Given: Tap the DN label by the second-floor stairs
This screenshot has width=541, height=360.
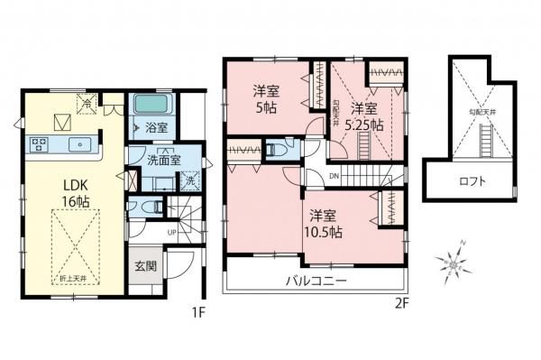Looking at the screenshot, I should pyautogui.click(x=334, y=175).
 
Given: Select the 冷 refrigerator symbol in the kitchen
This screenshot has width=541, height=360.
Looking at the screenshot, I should pyautogui.click(x=86, y=103).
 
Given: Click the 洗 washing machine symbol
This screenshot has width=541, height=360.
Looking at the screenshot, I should pyautogui.click(x=189, y=180).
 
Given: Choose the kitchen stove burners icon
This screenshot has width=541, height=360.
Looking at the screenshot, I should pyautogui.click(x=40, y=142).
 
